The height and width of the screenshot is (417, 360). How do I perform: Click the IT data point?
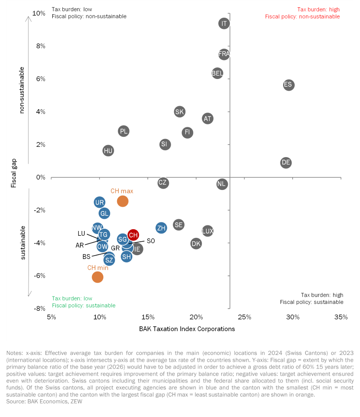coord(224,24)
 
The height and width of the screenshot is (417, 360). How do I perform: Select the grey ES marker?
coord(289,85)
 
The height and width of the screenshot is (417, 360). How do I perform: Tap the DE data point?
coord(286,163)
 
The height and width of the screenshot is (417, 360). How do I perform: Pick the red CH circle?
coord(133,235)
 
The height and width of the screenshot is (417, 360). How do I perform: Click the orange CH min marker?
coord(98,277)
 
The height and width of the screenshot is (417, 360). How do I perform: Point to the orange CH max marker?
coord(123,201)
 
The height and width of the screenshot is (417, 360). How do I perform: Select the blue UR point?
coord(99,202)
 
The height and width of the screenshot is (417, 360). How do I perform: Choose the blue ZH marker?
coord(161,228)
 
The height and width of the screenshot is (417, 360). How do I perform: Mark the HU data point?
coord(108,151)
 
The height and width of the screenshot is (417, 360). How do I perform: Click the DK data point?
coord(196,243)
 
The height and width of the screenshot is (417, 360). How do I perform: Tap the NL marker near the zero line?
coord(222,184)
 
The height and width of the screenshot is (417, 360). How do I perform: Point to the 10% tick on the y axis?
coord(39,13)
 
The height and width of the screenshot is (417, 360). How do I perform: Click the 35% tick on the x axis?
coord(341,317)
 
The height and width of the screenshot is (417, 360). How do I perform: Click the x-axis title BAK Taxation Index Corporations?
coord(187,329)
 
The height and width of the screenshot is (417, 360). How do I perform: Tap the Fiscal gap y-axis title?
coord(14,173)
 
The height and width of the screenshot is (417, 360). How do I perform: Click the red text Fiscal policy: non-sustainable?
coord(302,16)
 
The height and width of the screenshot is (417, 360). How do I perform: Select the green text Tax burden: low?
coord(72,298)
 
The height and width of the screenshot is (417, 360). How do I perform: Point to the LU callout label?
coord(81,234)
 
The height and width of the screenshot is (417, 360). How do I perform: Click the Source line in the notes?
coord(44,401)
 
